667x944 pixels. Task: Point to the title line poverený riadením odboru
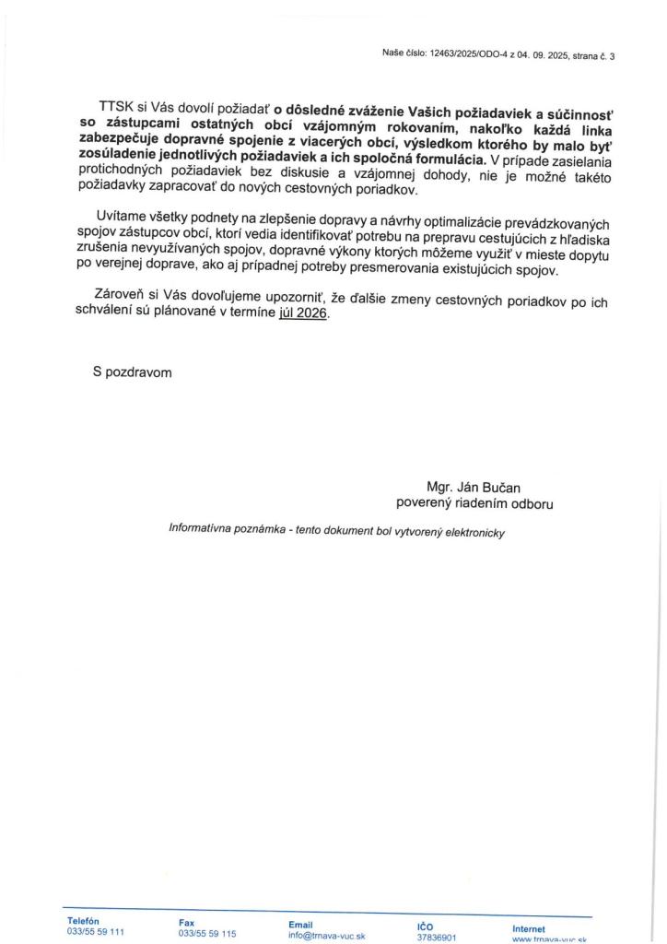[474, 503]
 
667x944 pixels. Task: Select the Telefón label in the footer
[83, 921]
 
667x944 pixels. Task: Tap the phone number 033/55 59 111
[96, 932]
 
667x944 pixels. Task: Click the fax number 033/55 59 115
[207, 933]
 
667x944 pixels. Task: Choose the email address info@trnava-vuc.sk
[327, 935]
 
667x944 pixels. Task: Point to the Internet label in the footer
[529, 928]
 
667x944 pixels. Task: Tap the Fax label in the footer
[187, 922]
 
